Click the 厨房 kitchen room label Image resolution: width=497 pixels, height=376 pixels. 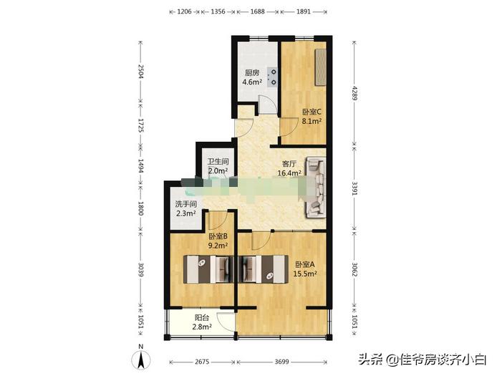pos(251,73)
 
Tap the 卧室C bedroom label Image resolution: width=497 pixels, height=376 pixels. pos(311,112)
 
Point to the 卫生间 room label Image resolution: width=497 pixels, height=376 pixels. pos(218,162)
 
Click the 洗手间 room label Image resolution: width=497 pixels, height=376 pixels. pos(186,204)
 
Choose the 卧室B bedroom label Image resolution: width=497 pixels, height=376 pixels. pos(218,236)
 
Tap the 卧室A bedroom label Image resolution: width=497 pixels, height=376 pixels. pos(305,264)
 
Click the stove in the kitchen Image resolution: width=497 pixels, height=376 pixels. pos(272,74)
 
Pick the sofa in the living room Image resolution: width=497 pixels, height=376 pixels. pos(315,187)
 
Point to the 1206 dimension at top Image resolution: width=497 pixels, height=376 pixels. pos(184,11)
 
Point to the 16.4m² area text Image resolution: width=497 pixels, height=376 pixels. pos(290,173)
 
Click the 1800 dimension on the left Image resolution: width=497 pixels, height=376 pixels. pos(141,208)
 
